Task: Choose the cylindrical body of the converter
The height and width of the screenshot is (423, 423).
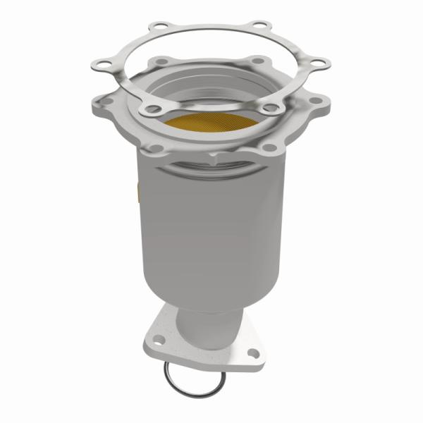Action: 211,226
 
